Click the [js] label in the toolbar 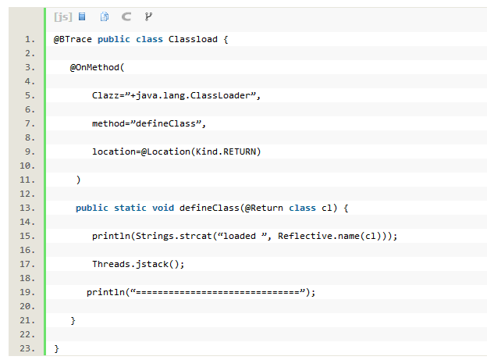[x=63, y=16]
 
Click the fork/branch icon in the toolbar [x=148, y=16]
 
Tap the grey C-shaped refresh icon [x=126, y=16]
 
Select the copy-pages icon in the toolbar [x=105, y=16]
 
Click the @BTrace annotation [x=73, y=39]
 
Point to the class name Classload [x=193, y=39]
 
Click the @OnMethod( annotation [x=97, y=67]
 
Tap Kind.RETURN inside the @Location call [x=226, y=151]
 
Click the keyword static [x=130, y=208]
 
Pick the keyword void [x=163, y=208]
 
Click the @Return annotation [x=264, y=208]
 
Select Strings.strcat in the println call [x=173, y=236]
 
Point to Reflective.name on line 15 [x=319, y=236]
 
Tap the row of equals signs [x=218, y=293]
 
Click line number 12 [x=27, y=194]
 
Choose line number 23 [x=27, y=348]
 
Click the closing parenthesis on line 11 [x=79, y=180]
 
